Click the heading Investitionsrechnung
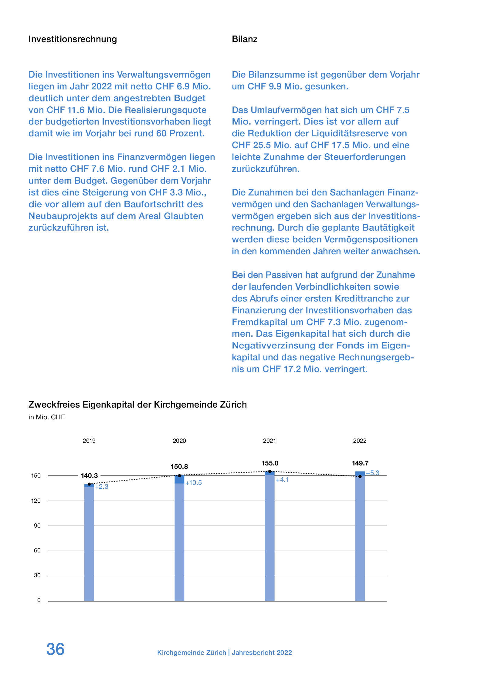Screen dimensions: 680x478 tap(73, 39)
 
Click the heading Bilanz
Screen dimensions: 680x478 tap(245, 39)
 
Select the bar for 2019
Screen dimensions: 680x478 tap(89, 542)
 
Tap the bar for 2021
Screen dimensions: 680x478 tap(270, 536)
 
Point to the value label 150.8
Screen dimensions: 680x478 tap(179, 466)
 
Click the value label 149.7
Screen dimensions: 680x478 tap(360, 463)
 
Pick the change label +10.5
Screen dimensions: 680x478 tap(194, 483)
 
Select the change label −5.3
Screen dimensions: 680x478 tap(373, 473)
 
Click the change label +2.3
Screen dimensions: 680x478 tap(102, 487)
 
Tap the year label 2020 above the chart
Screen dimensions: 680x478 tap(179, 441)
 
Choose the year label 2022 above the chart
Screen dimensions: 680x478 tap(360, 441)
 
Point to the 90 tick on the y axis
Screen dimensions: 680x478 tap(37, 525)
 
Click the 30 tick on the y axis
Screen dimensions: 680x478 tap(37, 575)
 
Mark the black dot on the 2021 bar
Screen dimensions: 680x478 tap(270, 471)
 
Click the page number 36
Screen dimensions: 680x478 tap(55, 649)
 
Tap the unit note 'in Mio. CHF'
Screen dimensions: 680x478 tap(46, 417)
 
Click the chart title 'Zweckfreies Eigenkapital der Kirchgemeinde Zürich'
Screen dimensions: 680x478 tap(137, 405)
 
